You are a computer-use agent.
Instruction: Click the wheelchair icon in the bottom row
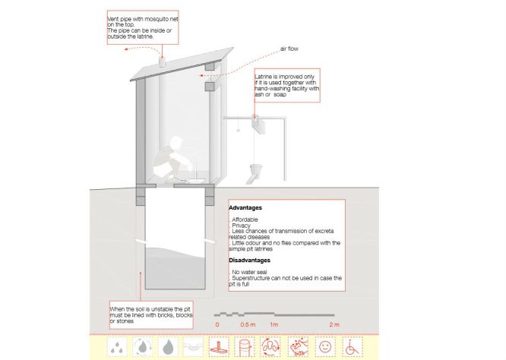point(352,347)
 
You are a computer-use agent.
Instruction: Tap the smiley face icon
point(325,347)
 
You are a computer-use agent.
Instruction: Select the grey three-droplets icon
point(117,347)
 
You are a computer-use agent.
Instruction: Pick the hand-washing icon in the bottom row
point(298,347)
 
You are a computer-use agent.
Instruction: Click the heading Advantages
point(245,208)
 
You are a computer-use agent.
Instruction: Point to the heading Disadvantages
point(249,261)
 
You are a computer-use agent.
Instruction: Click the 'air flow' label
point(289,49)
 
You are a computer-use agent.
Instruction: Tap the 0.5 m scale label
point(248,324)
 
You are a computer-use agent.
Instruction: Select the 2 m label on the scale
point(334,324)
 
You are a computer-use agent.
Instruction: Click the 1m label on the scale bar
point(274,324)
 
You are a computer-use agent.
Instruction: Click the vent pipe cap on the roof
point(162,62)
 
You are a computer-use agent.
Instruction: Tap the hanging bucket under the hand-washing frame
point(256,169)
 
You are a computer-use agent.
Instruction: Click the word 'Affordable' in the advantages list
point(245,219)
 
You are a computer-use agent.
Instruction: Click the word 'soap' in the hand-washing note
point(280,94)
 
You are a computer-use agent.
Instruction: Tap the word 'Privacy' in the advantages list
point(241,226)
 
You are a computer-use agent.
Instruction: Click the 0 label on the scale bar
point(217,324)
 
